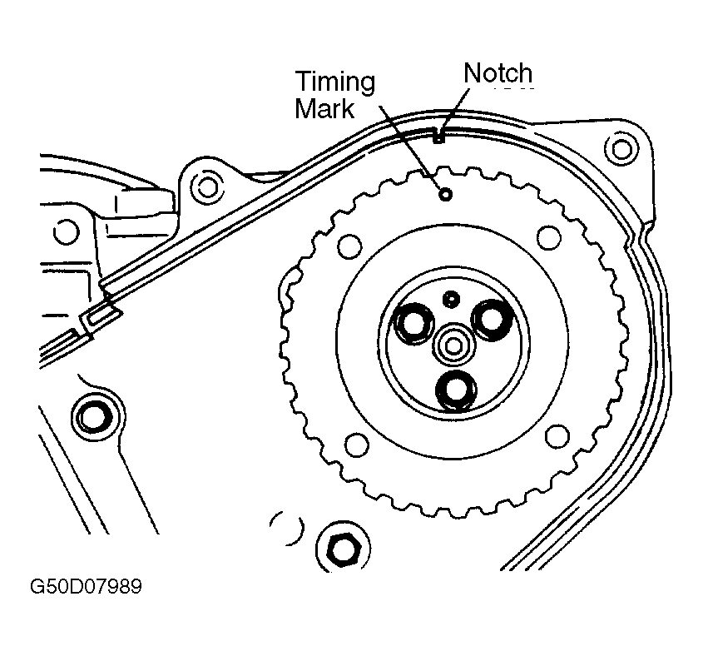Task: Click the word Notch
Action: pyautogui.click(x=497, y=73)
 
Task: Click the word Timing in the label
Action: pyautogui.click(x=334, y=82)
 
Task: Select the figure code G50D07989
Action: pyautogui.click(x=86, y=589)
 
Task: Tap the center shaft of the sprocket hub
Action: pyautogui.click(x=454, y=342)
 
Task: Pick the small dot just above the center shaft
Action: pyautogui.click(x=452, y=297)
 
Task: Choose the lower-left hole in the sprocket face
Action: pyautogui.click(x=356, y=445)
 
